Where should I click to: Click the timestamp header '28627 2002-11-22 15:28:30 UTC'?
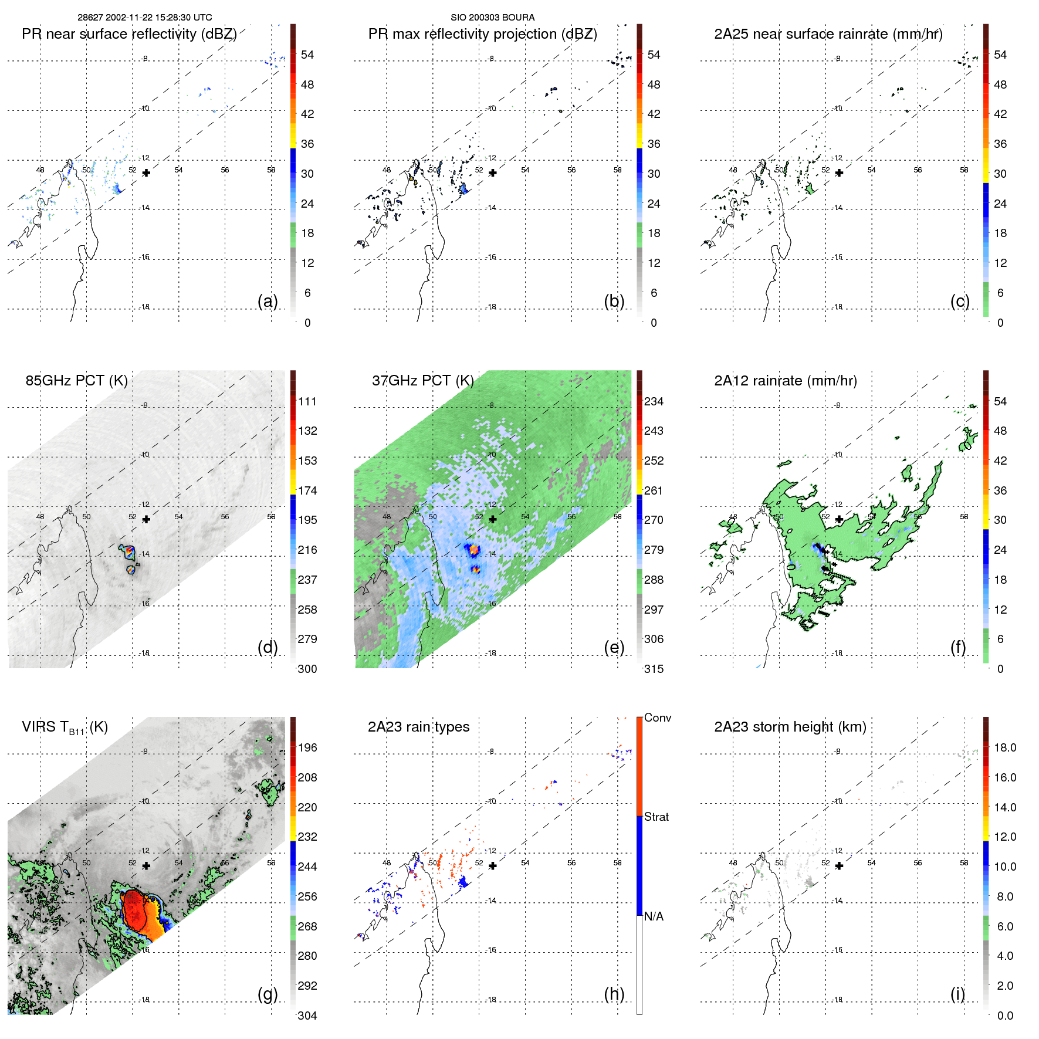click(144, 18)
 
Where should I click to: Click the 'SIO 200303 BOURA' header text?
click(492, 18)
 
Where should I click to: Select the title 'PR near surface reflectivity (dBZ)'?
click(129, 34)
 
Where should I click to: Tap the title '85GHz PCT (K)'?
click(76, 381)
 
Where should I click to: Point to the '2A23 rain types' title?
click(418, 727)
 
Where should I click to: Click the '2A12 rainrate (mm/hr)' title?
click(785, 381)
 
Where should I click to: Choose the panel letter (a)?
click(268, 301)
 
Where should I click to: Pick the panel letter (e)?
click(614, 647)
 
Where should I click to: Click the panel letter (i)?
click(957, 994)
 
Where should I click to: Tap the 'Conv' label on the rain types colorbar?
click(657, 718)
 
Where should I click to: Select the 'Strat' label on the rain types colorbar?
click(656, 817)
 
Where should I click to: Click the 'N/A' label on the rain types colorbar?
click(654, 916)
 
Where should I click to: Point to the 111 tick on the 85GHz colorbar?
click(307, 401)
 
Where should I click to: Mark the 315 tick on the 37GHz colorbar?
click(654, 669)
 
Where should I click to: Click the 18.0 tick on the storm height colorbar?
click(1004, 747)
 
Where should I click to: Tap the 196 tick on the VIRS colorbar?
click(307, 747)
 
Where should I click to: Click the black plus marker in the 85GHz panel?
click(146, 519)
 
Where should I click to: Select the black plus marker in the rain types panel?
click(492, 866)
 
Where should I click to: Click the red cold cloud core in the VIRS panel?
click(135, 909)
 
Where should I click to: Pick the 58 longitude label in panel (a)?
click(271, 170)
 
